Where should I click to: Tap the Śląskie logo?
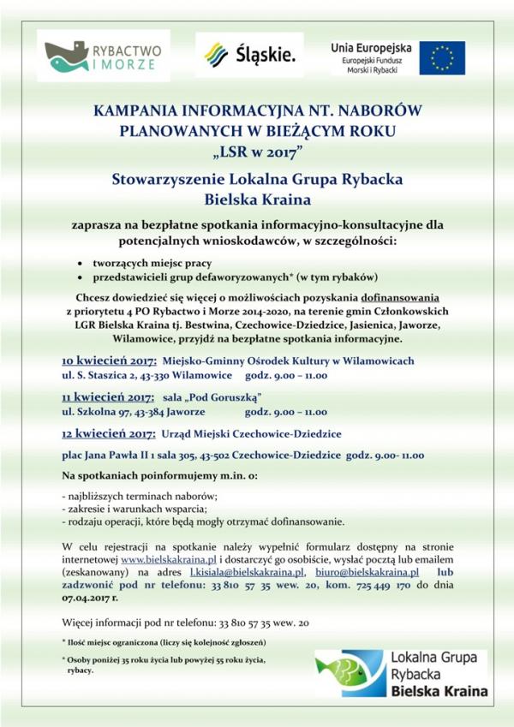249,56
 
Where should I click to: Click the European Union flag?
442,57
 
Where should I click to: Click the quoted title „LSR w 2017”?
256,153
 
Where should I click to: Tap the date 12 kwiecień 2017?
107,433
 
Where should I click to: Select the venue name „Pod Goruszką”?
224,397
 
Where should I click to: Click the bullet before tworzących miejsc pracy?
81,263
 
